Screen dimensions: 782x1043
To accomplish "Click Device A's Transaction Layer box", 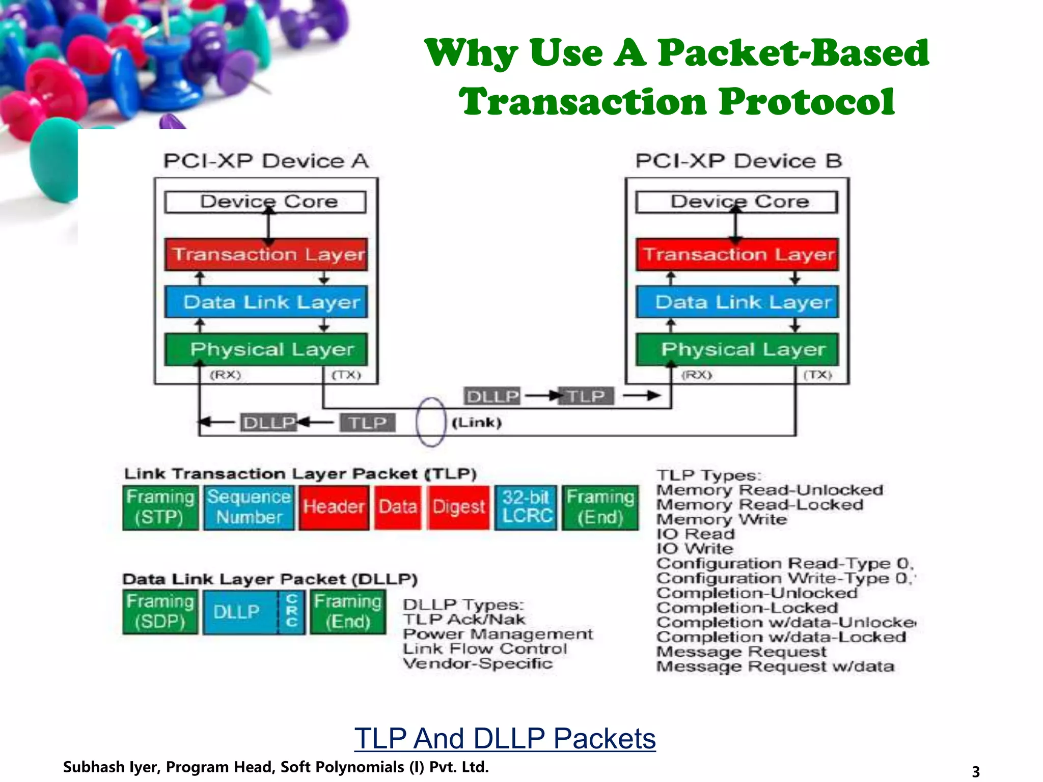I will [266, 254].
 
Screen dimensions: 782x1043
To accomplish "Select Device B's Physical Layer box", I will [737, 349].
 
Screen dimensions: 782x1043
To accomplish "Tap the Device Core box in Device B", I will [736, 202].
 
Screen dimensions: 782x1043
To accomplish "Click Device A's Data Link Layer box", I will [266, 302].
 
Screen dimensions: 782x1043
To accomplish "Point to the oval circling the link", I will [431, 422].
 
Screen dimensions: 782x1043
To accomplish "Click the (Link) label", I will [477, 423].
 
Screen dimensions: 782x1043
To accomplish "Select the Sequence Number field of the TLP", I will [249, 507].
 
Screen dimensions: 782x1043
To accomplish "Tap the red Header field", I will [334, 507].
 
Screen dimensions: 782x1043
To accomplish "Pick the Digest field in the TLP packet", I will [458, 507].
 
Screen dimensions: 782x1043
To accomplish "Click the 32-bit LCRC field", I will [526, 507].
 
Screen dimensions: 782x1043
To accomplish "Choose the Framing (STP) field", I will [160, 507].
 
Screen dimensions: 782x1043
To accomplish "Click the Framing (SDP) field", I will [160, 611].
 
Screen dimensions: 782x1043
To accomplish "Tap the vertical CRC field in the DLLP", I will [292, 611].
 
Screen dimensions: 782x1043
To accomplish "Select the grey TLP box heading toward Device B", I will [586, 396].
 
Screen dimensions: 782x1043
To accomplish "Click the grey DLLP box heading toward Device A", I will [268, 423].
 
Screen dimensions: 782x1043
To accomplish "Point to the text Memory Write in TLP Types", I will [721, 519].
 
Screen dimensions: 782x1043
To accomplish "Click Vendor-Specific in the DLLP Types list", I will [477, 663].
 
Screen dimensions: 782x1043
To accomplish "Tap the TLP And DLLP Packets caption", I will [505, 738].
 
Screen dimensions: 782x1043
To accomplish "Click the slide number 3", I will [975, 771].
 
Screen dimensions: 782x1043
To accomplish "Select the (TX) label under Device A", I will [346, 375].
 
